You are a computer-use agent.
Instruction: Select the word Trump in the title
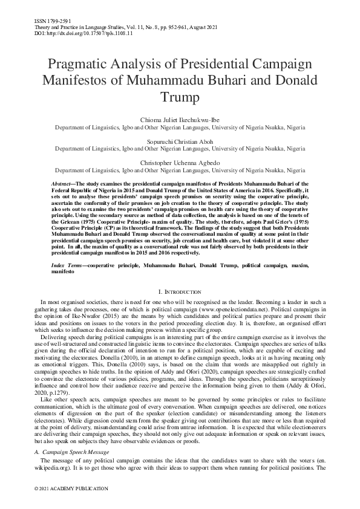(180, 96)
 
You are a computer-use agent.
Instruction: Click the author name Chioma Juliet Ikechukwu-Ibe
(180, 120)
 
